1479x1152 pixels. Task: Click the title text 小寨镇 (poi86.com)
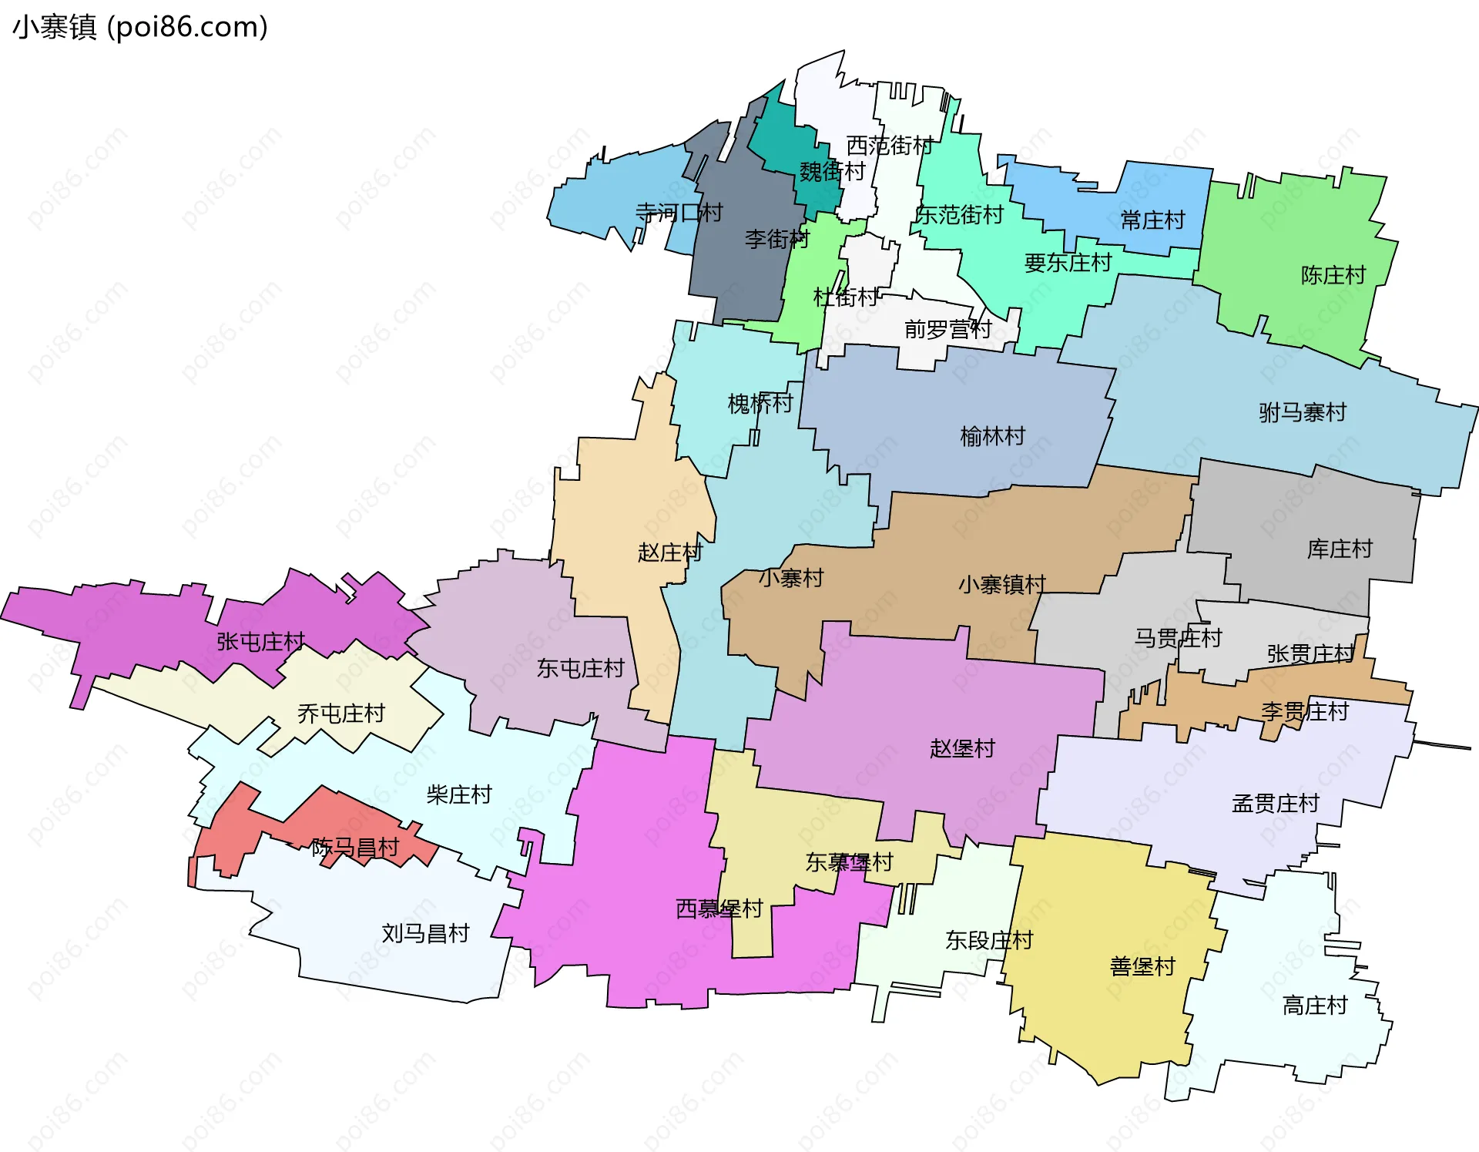(140, 27)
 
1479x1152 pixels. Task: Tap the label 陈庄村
(1333, 275)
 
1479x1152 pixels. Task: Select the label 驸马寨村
(1302, 412)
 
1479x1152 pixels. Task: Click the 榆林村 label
(992, 436)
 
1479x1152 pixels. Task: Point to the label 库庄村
(1340, 549)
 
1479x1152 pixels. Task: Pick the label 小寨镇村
(1001, 584)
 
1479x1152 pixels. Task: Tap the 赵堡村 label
(962, 747)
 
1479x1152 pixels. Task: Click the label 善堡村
(1142, 966)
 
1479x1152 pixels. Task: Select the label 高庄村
(1314, 1005)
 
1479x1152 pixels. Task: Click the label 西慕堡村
(719, 909)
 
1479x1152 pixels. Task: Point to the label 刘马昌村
(425, 933)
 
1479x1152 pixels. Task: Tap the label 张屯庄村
(260, 641)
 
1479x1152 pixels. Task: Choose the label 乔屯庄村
(340, 713)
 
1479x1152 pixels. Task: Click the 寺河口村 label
(678, 212)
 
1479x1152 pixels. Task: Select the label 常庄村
(1152, 220)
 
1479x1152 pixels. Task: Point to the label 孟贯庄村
(1275, 803)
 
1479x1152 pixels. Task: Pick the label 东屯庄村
(580, 668)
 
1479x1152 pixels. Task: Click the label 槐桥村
(760, 402)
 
